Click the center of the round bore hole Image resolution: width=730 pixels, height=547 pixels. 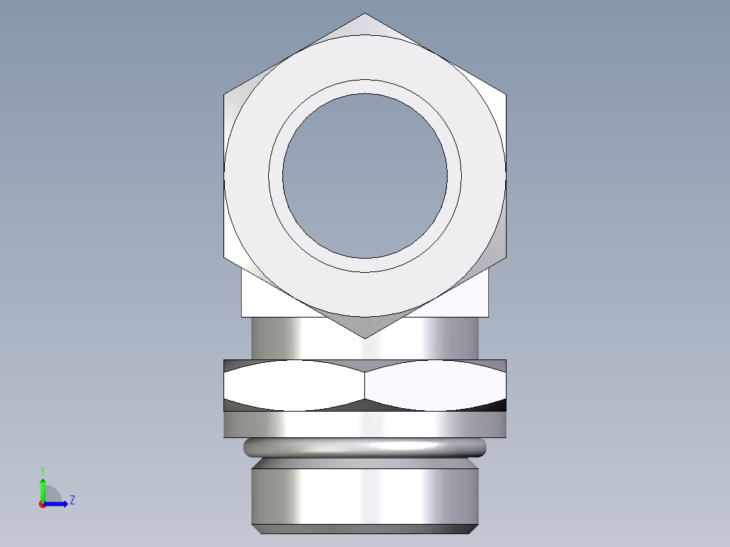coord(365,176)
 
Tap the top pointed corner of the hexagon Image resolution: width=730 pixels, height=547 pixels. coord(365,14)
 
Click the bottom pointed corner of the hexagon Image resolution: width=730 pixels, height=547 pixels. coord(365,337)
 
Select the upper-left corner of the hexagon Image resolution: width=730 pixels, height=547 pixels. coord(225,94)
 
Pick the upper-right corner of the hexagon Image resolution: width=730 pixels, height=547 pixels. coord(505,94)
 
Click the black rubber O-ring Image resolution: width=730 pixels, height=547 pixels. coord(365,447)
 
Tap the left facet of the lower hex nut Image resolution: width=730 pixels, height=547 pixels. coord(295,385)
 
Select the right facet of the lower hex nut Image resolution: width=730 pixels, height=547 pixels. coord(435,385)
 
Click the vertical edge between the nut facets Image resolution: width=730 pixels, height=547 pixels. coord(365,385)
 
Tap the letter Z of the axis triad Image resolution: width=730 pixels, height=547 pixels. coord(72,500)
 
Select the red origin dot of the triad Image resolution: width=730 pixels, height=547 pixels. coord(42,504)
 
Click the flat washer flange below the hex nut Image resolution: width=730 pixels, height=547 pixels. coord(365,424)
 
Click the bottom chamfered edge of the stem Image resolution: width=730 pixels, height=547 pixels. coord(365,529)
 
